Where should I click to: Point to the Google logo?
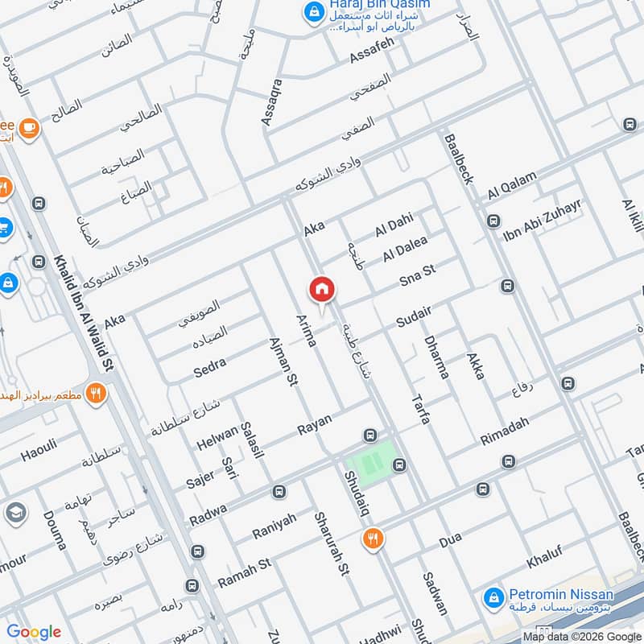pyautogui.click(x=34, y=632)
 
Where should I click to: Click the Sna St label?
pyautogui.click(x=417, y=275)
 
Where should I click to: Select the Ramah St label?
pyautogui.click(x=244, y=567)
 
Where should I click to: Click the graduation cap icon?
pyautogui.click(x=14, y=513)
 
